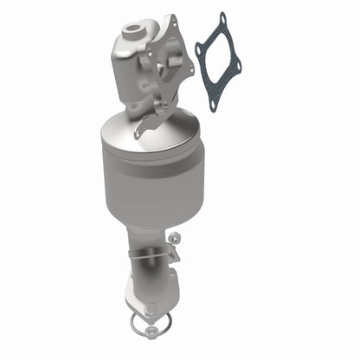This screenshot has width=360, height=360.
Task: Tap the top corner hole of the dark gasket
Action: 222,16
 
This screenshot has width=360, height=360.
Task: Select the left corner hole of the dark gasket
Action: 198,50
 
